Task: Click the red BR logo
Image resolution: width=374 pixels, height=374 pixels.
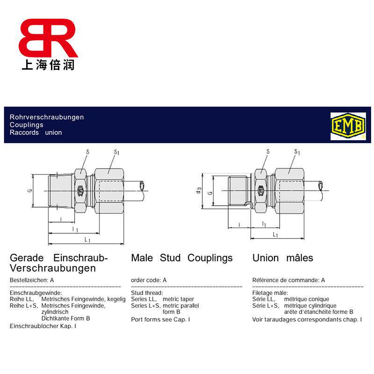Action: coord(48,38)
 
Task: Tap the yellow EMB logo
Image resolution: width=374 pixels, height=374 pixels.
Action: coord(348,126)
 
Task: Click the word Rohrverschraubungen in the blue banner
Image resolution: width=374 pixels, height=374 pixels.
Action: coord(47,117)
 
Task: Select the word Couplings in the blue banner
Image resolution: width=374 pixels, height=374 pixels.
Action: coord(27,125)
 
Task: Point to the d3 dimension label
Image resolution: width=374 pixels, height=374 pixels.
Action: coord(199,190)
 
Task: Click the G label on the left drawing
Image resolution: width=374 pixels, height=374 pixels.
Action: coord(30,191)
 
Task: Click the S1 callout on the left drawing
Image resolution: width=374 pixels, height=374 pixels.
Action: coord(116,152)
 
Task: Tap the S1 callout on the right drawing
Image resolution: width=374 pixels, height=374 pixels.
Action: coord(297,152)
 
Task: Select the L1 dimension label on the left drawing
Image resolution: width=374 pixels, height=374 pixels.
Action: coord(87,239)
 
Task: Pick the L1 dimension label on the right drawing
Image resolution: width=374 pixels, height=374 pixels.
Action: coord(275,235)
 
